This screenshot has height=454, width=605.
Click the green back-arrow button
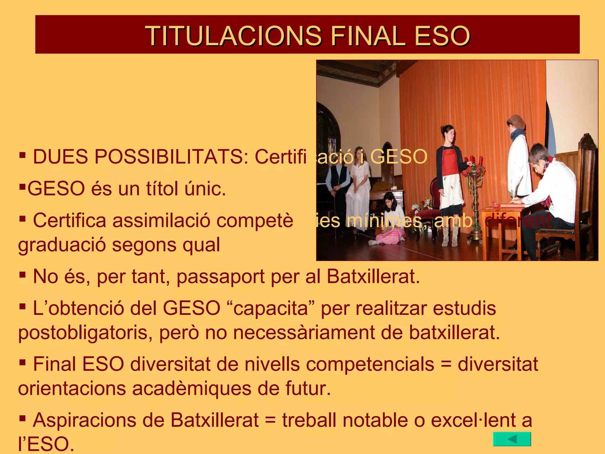(x=512, y=439)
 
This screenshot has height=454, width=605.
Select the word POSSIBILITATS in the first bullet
(x=171, y=157)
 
